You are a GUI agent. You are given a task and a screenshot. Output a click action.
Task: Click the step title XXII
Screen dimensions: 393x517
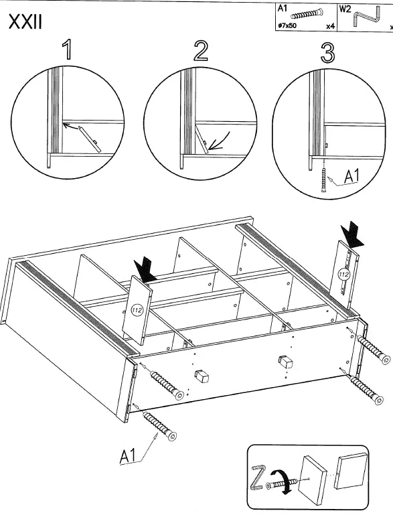[x=25, y=21]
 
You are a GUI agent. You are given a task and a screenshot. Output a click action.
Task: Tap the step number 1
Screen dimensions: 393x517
[x=67, y=50]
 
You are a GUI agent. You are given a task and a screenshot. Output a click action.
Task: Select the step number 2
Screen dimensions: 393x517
[x=201, y=50]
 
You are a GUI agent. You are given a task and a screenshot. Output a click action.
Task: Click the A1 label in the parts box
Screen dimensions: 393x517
[x=283, y=8]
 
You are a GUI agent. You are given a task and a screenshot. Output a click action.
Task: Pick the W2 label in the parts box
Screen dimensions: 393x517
[x=345, y=9]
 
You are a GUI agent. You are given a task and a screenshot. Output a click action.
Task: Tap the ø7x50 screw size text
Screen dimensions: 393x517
[x=287, y=25]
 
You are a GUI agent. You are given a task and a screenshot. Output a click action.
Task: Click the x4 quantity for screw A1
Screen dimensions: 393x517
[x=330, y=26]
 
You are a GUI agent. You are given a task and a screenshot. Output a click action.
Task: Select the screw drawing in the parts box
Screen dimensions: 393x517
[x=307, y=14]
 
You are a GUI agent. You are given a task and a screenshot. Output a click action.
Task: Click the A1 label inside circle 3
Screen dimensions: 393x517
[x=351, y=176]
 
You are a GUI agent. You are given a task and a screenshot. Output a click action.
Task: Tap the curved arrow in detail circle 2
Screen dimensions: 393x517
[x=220, y=141]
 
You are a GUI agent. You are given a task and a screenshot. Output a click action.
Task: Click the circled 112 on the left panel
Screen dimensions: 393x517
[x=137, y=309]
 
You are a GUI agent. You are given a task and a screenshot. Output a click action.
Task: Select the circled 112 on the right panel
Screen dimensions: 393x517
[x=343, y=274]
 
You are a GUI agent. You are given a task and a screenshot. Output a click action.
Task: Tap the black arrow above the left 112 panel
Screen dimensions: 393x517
[x=145, y=271]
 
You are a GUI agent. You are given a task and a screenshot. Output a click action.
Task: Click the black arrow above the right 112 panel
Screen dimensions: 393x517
[x=352, y=235]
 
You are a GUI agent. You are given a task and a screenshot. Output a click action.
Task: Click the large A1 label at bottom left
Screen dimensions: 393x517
[x=128, y=456]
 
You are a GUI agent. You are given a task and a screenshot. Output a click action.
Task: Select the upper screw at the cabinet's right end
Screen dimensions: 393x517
[x=372, y=350]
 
